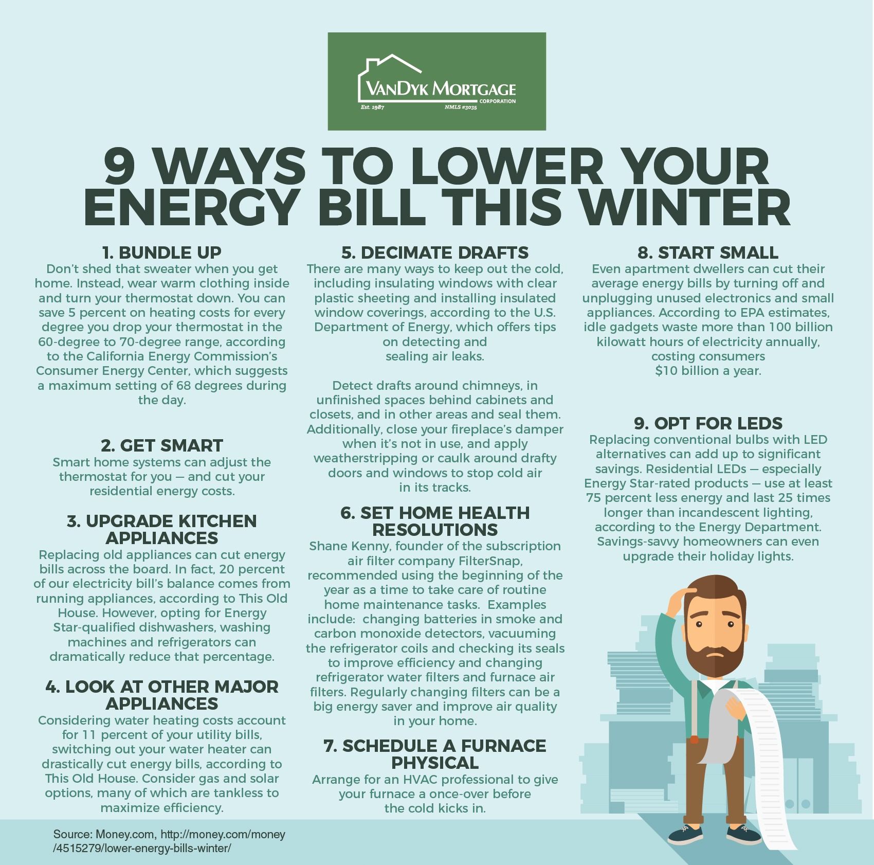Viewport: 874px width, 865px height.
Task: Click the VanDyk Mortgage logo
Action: pyautogui.click(x=436, y=81)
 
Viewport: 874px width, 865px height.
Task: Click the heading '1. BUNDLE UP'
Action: pyautogui.click(x=162, y=253)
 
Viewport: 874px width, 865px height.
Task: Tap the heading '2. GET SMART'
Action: pyautogui.click(x=162, y=445)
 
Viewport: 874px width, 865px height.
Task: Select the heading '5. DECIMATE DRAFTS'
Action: pyautogui.click(x=435, y=253)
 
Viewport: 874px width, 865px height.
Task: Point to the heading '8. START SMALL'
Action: pyautogui.click(x=708, y=253)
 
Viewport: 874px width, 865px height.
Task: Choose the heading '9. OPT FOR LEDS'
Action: pyautogui.click(x=708, y=423)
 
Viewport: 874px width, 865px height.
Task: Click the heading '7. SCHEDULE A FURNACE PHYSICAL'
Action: pyautogui.click(x=435, y=753)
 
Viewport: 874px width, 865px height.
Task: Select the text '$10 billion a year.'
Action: pyautogui.click(x=708, y=370)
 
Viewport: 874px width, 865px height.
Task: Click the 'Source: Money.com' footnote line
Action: pyautogui.click(x=169, y=835)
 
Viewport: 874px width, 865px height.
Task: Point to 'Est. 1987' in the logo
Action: pyautogui.click(x=372, y=107)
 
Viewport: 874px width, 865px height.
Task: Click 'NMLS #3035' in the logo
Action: pyautogui.click(x=461, y=108)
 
